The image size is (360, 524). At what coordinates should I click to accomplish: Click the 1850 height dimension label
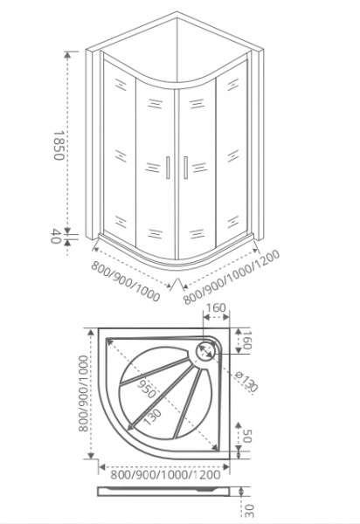pyautogui.click(x=59, y=145)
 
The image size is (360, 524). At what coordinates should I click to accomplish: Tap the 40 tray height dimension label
pyautogui.click(x=56, y=236)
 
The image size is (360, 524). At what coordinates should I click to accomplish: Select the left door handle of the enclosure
pyautogui.click(x=168, y=167)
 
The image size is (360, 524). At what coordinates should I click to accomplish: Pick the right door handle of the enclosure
pyautogui.click(x=185, y=167)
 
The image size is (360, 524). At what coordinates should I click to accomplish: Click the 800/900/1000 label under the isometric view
pyautogui.click(x=125, y=280)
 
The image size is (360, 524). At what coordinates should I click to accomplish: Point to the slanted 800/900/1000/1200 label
pyautogui.click(x=232, y=277)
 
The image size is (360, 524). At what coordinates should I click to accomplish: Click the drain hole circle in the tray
pyautogui.click(x=204, y=351)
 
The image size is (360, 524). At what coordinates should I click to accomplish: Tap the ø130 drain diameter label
pyautogui.click(x=246, y=382)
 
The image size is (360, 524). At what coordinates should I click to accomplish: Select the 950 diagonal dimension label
pyautogui.click(x=147, y=389)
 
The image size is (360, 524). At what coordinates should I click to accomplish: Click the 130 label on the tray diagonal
pyautogui.click(x=152, y=417)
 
